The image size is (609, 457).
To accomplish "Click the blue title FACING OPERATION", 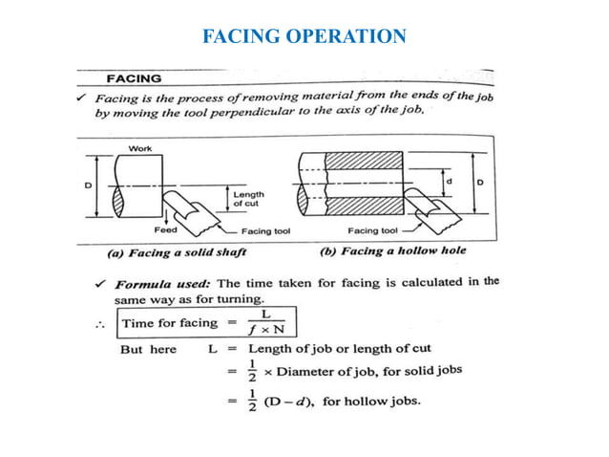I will (304, 36).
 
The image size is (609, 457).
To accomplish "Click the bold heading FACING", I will (134, 77).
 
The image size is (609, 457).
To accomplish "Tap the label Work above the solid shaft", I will (140, 148).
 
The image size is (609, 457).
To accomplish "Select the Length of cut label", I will (248, 198).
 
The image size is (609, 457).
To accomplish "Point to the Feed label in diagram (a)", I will (165, 230).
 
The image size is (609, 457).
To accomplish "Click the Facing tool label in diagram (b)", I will (371, 231).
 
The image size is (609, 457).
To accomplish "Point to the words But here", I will (148, 350).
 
